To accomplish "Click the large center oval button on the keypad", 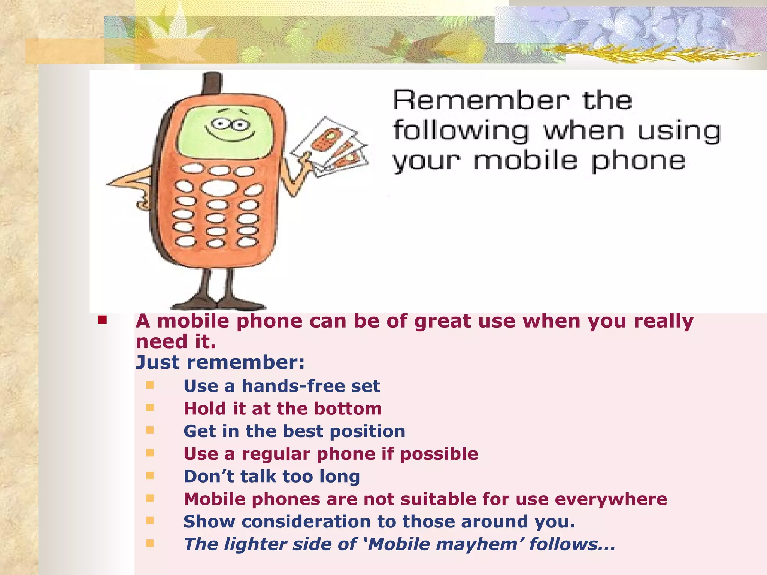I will pos(219,187).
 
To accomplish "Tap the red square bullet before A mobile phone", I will pos(102,320).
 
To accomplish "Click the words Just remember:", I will pos(220,362).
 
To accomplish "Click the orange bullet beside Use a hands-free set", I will pos(150,385).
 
